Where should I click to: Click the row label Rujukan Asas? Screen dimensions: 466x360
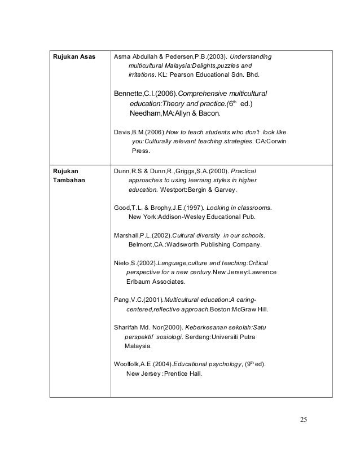tap(72, 57)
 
